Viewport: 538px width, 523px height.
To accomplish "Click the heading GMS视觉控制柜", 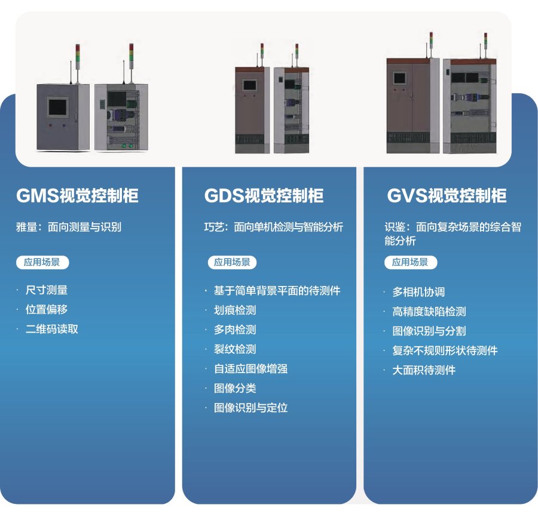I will pyautogui.click(x=77, y=196).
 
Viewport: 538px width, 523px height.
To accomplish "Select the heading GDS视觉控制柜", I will pyautogui.click(x=264, y=196).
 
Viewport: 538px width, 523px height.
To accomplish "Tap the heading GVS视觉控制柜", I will pyautogui.click(x=447, y=196).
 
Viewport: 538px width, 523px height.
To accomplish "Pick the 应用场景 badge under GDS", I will pyautogui.click(x=232, y=261).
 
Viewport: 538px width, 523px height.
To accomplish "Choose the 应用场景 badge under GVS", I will pyautogui.click(x=410, y=262).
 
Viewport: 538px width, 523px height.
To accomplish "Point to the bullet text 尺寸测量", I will pyautogui.click(x=46, y=290).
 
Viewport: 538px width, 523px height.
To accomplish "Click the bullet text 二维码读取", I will pyautogui.click(x=51, y=329).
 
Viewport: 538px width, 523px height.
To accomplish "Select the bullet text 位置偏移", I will pyautogui.click(x=46, y=310).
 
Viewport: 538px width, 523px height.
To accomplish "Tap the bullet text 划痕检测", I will pyautogui.click(x=234, y=310).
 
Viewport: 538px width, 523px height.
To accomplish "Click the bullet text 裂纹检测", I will pyautogui.click(x=234, y=349).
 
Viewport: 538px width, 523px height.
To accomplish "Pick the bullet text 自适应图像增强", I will pyautogui.click(x=250, y=369).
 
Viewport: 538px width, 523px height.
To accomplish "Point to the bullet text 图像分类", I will pyautogui.click(x=234, y=389).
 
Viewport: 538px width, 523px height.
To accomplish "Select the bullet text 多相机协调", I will pyautogui.click(x=418, y=292).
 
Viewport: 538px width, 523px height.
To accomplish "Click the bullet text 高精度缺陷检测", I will pyautogui.click(x=429, y=312).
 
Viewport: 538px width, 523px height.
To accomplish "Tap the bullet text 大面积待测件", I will pyautogui.click(x=423, y=370).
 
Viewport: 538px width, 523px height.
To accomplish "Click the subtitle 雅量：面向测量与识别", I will pyautogui.click(x=69, y=227).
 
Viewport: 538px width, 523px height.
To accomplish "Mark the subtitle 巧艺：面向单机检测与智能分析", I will pyautogui.click(x=274, y=227).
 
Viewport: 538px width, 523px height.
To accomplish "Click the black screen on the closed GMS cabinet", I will pyautogui.click(x=58, y=107).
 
